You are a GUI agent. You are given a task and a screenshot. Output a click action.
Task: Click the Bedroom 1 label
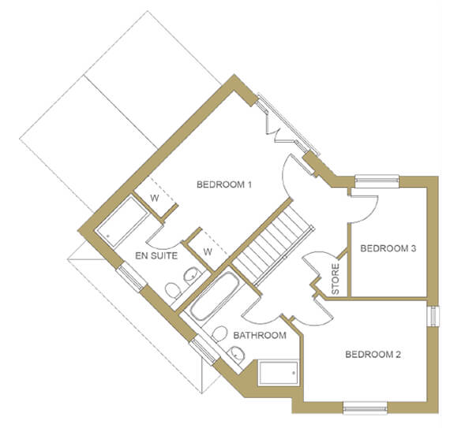click(224, 184)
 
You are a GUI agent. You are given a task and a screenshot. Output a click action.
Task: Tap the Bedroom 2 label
click(373, 355)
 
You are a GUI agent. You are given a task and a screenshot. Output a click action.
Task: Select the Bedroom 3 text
click(388, 248)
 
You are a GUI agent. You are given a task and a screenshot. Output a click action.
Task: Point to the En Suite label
click(156, 256)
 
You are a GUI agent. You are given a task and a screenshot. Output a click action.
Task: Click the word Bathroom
click(260, 336)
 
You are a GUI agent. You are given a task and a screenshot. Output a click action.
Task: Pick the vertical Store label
click(336, 279)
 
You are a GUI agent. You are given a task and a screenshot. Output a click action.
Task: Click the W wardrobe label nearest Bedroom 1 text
click(155, 199)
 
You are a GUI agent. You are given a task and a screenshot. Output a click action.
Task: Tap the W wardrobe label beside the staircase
click(208, 251)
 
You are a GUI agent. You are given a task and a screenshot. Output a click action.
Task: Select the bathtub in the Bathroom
click(215, 296)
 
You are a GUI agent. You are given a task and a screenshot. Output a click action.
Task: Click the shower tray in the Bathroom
click(279, 373)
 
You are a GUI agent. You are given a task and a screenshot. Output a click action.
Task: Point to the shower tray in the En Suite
click(122, 221)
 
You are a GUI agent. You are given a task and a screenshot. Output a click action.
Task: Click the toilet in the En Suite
click(173, 290)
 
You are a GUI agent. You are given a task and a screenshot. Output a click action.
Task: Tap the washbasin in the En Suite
click(191, 276)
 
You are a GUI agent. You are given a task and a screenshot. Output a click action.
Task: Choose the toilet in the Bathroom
click(219, 333)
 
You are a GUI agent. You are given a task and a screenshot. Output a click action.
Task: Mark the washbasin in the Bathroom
click(237, 354)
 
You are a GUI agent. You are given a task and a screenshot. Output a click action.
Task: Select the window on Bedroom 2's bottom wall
click(365, 408)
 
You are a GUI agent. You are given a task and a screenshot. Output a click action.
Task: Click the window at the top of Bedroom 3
click(377, 181)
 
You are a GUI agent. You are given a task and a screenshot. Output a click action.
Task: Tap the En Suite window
click(131, 278)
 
